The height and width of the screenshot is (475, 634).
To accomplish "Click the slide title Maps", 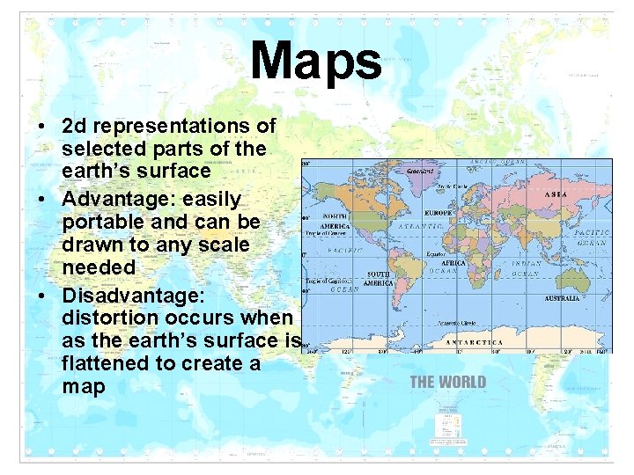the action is click(316, 62).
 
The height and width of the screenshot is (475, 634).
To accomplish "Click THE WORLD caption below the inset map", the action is click(447, 382).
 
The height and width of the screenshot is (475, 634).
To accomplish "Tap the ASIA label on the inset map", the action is click(556, 193).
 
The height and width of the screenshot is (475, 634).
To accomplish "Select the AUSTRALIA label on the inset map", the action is click(561, 298).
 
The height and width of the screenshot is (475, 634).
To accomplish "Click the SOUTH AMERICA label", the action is click(379, 279).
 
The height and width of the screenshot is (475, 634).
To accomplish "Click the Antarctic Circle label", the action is click(454, 322).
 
